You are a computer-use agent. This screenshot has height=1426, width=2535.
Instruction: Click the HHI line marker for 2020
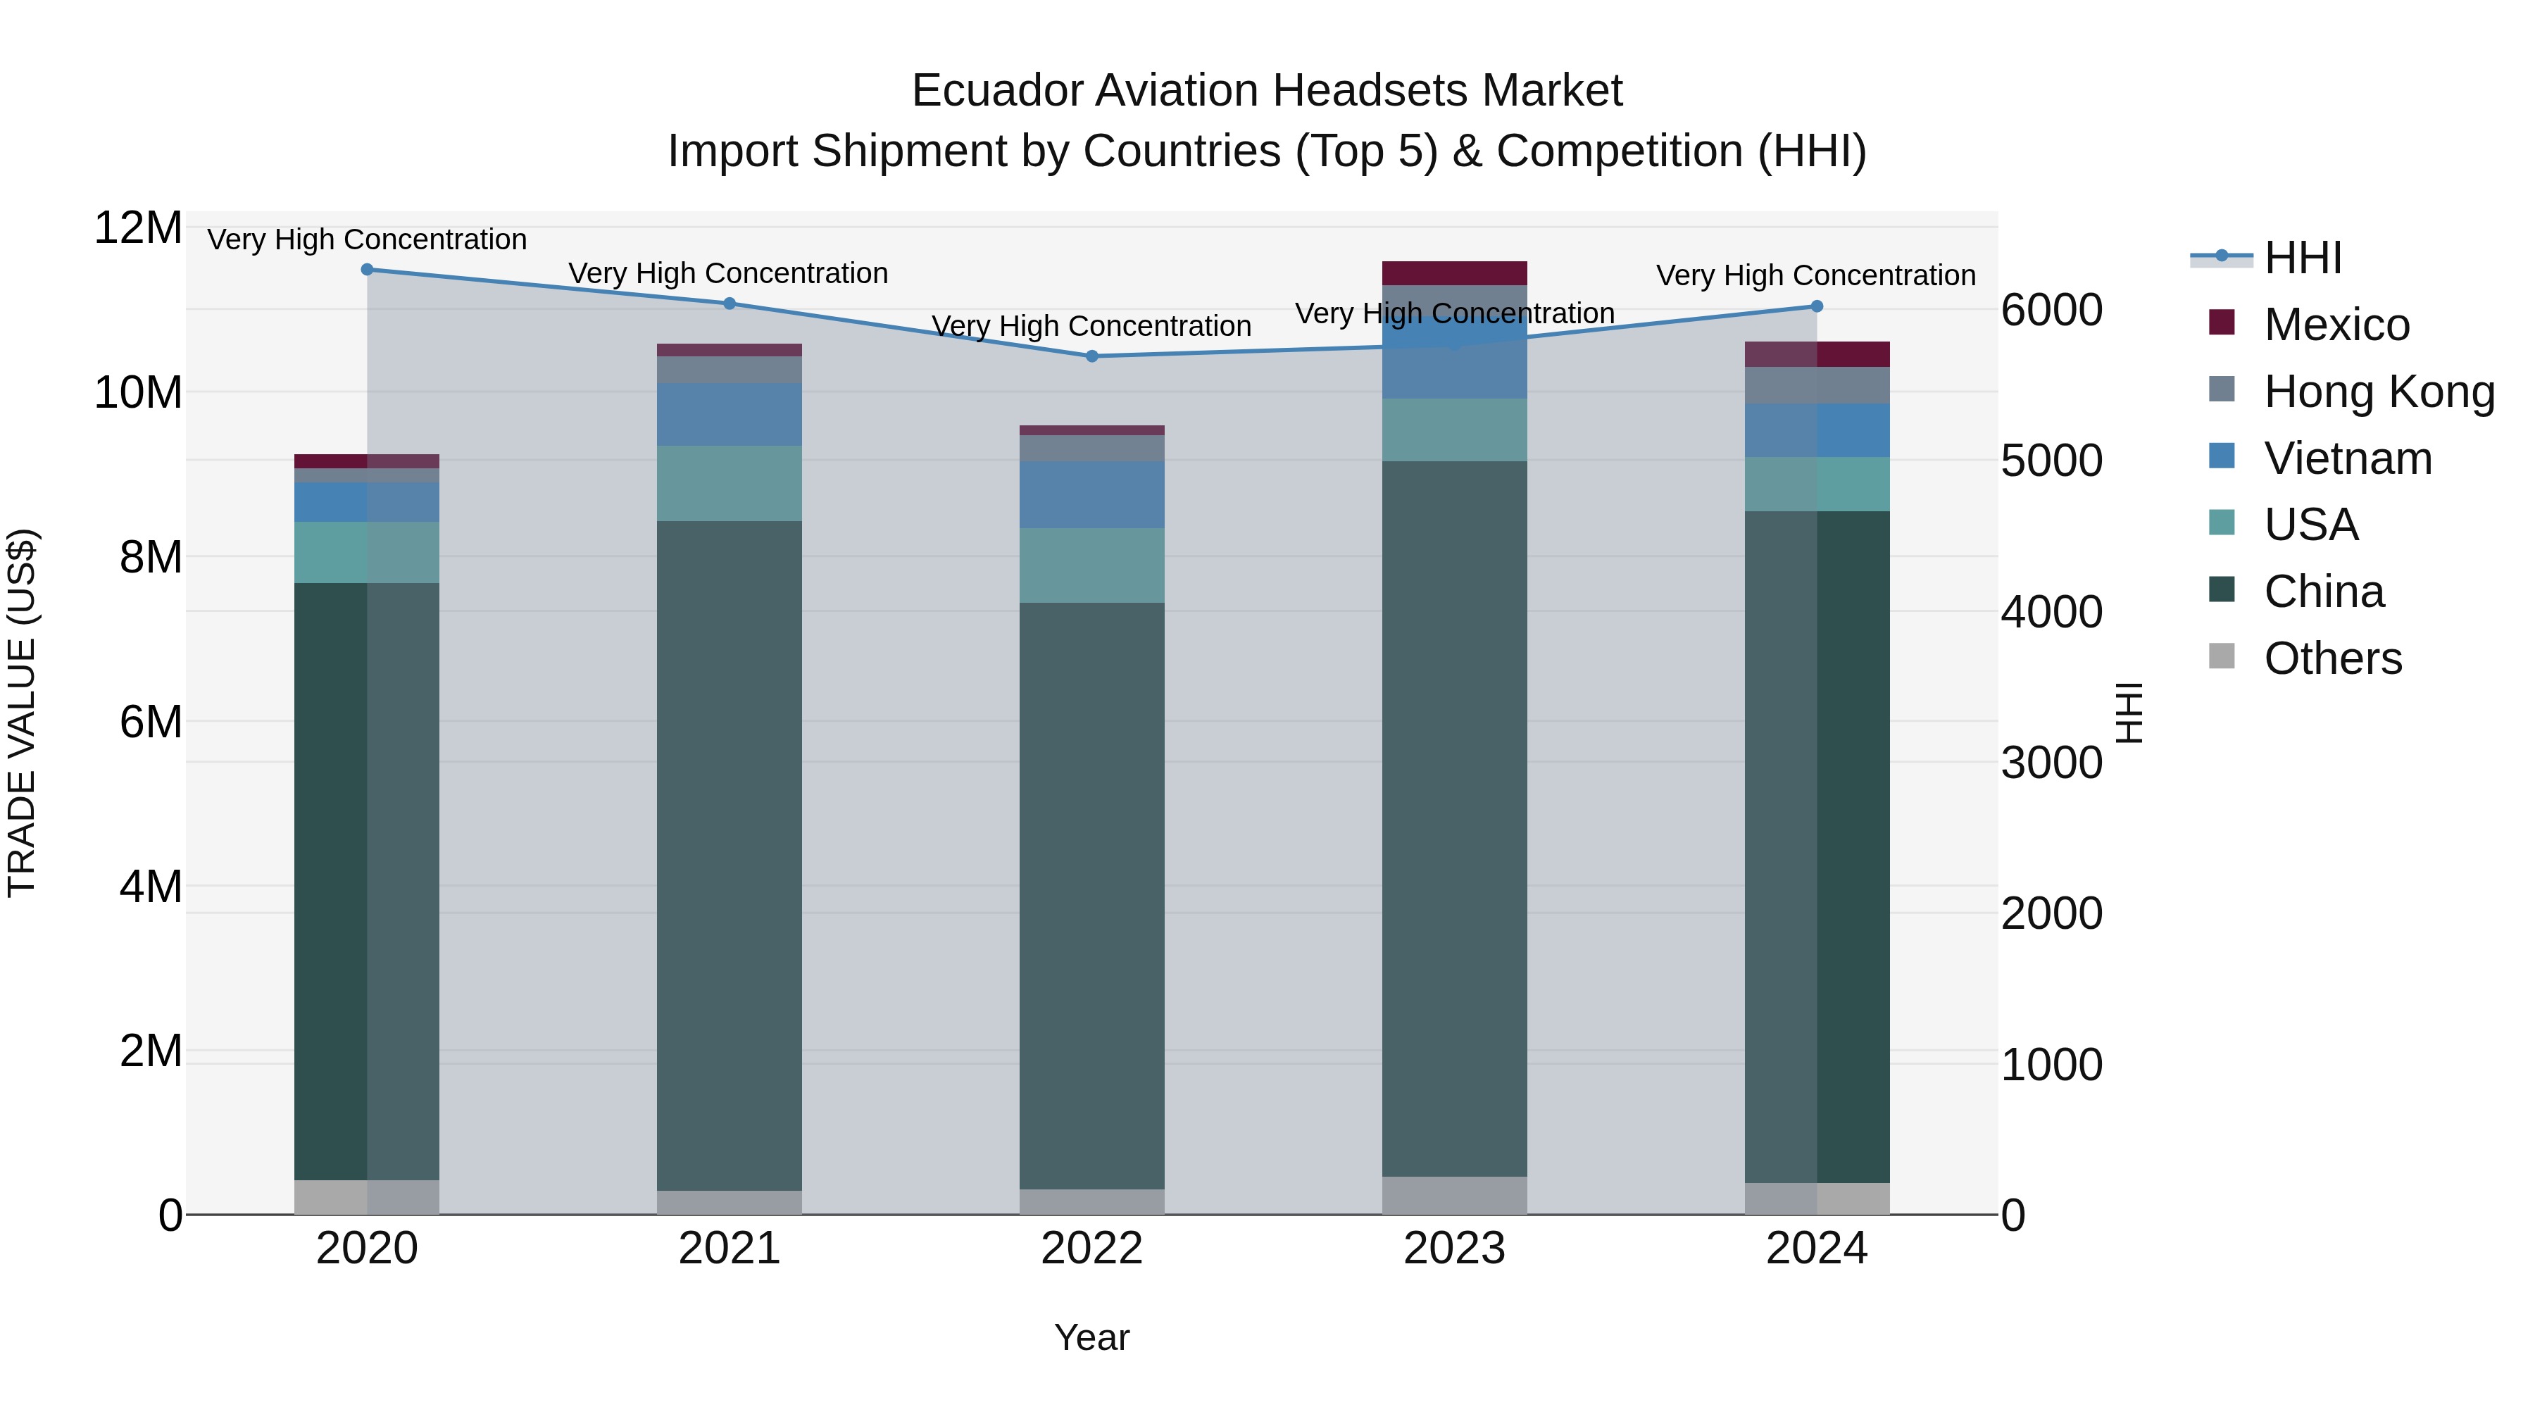pos(367,269)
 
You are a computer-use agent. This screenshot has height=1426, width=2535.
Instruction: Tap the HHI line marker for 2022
pos(1091,356)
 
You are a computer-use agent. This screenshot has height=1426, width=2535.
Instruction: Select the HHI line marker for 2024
pos(1817,306)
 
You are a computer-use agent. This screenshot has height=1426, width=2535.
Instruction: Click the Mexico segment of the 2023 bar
pos(1455,273)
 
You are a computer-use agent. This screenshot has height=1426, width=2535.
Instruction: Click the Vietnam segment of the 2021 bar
pos(730,414)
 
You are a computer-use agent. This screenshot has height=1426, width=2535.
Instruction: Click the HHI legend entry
pos(2302,258)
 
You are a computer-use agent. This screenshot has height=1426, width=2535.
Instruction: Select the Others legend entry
pos(2331,658)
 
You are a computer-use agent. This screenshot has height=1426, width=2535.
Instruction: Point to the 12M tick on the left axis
pos(138,228)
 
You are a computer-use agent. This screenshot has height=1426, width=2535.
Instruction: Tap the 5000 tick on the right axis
pos(2052,461)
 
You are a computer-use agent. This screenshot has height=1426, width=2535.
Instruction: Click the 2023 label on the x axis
pos(1455,1249)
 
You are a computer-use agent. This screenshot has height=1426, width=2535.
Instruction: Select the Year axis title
pos(1091,1337)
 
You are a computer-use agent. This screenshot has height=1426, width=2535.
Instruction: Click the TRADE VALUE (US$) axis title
pos(22,713)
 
